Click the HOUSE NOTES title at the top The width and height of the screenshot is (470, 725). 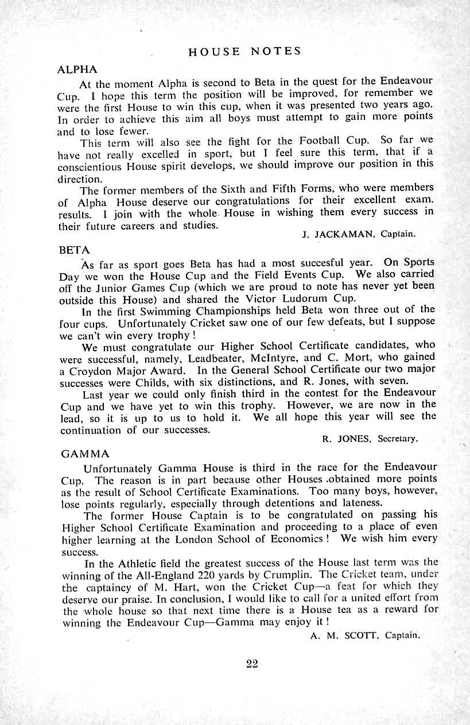point(244,51)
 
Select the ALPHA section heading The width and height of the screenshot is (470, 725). point(78,69)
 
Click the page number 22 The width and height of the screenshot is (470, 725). point(252,664)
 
